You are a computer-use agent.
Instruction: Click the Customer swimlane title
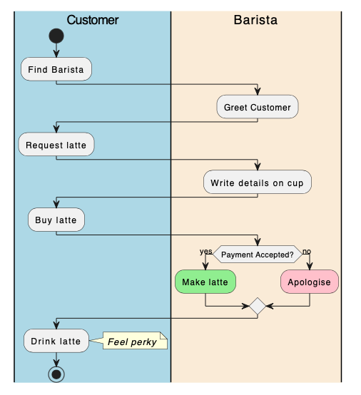click(x=92, y=20)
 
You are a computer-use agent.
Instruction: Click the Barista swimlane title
click(x=255, y=20)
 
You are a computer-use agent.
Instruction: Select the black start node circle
click(x=56, y=36)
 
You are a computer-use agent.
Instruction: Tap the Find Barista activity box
click(x=56, y=70)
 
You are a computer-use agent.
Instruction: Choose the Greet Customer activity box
click(x=258, y=108)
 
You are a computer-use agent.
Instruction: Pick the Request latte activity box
click(x=56, y=145)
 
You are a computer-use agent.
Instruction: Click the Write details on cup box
click(x=257, y=183)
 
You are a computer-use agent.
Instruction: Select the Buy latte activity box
click(x=56, y=220)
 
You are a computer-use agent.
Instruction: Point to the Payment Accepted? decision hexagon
click(x=257, y=255)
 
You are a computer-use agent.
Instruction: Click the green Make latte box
click(x=205, y=282)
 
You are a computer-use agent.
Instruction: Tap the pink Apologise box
click(x=309, y=282)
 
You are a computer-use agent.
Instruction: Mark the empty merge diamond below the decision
click(x=257, y=306)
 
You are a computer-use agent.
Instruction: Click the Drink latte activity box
click(x=56, y=342)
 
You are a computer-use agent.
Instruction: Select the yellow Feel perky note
click(x=134, y=342)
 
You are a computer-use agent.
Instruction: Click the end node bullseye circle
click(x=56, y=373)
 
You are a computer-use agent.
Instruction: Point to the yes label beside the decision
click(x=205, y=251)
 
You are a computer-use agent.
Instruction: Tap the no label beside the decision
click(x=307, y=251)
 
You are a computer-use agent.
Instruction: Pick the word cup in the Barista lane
click(x=295, y=183)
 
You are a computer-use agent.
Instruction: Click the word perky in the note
click(x=144, y=342)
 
